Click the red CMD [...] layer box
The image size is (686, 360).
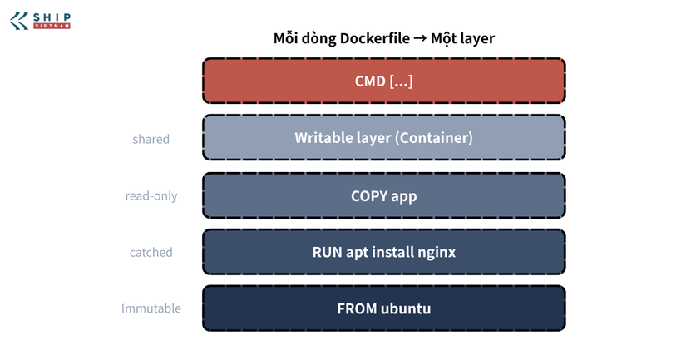tap(383, 81)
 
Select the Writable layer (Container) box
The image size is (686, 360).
tap(383, 138)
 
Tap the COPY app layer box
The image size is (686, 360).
tap(383, 195)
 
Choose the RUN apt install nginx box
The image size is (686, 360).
tap(383, 252)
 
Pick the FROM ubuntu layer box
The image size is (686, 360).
tap(383, 308)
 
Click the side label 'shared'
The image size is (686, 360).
tap(151, 139)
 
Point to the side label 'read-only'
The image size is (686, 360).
tap(151, 196)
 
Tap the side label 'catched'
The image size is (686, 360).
tap(151, 253)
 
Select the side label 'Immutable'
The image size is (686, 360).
tap(151, 308)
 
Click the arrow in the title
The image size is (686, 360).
tap(420, 38)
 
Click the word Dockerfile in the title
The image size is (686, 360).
tap(375, 38)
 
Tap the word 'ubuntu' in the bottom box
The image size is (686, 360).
tap(406, 308)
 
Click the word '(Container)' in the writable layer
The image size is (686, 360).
tap(433, 138)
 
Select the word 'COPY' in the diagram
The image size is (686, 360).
tap(369, 196)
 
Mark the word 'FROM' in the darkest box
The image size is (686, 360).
tap(357, 308)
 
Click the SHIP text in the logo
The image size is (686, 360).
tap(52, 17)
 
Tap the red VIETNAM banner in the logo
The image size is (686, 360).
tap(52, 27)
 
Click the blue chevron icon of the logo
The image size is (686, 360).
tap(19, 21)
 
